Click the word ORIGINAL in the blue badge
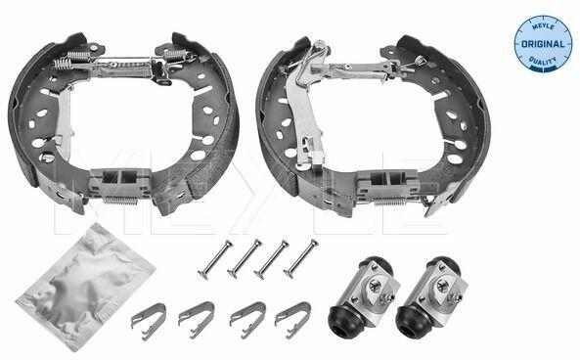543,44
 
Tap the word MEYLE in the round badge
543,26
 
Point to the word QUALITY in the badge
543,61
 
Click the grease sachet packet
85,287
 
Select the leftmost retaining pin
215,259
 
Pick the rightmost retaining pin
300,258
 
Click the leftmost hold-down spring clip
149,321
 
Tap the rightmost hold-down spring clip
293,320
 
